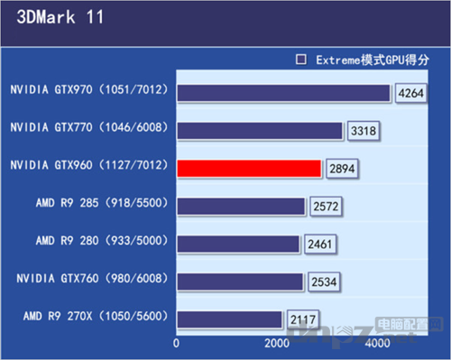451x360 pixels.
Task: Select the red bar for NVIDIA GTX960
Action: click(249, 169)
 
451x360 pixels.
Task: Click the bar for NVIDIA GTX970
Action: click(283, 93)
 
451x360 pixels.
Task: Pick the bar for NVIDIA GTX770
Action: click(260, 131)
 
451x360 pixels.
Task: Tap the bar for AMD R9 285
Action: click(241, 207)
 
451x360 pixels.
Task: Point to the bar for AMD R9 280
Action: click(238, 245)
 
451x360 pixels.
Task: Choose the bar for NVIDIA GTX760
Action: click(240, 282)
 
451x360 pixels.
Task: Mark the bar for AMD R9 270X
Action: click(230, 319)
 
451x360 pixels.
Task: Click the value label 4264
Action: click(409, 95)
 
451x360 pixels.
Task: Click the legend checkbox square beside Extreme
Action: click(302, 60)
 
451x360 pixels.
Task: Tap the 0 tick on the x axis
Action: click(177, 344)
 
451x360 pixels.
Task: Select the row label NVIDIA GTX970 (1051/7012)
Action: click(88, 90)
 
